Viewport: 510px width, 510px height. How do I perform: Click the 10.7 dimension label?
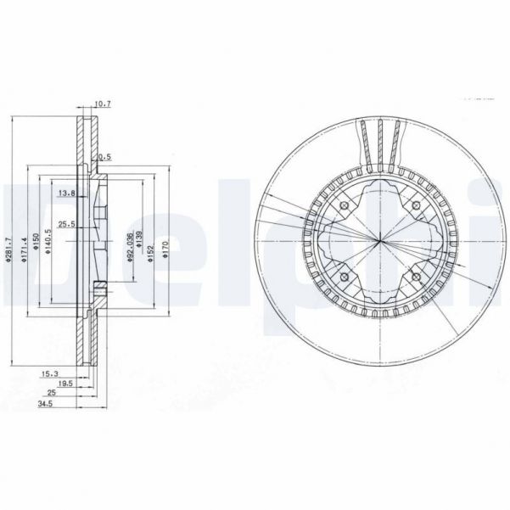(x=103, y=104)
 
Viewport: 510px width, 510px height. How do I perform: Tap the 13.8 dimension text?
(x=65, y=193)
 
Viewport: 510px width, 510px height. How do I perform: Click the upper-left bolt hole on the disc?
(x=345, y=207)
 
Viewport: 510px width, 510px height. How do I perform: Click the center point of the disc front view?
(x=379, y=242)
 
